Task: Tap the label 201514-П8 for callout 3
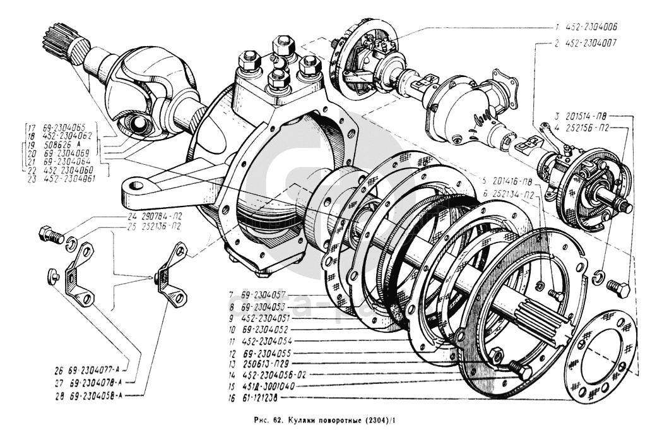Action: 589,116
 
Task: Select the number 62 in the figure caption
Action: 276,420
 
